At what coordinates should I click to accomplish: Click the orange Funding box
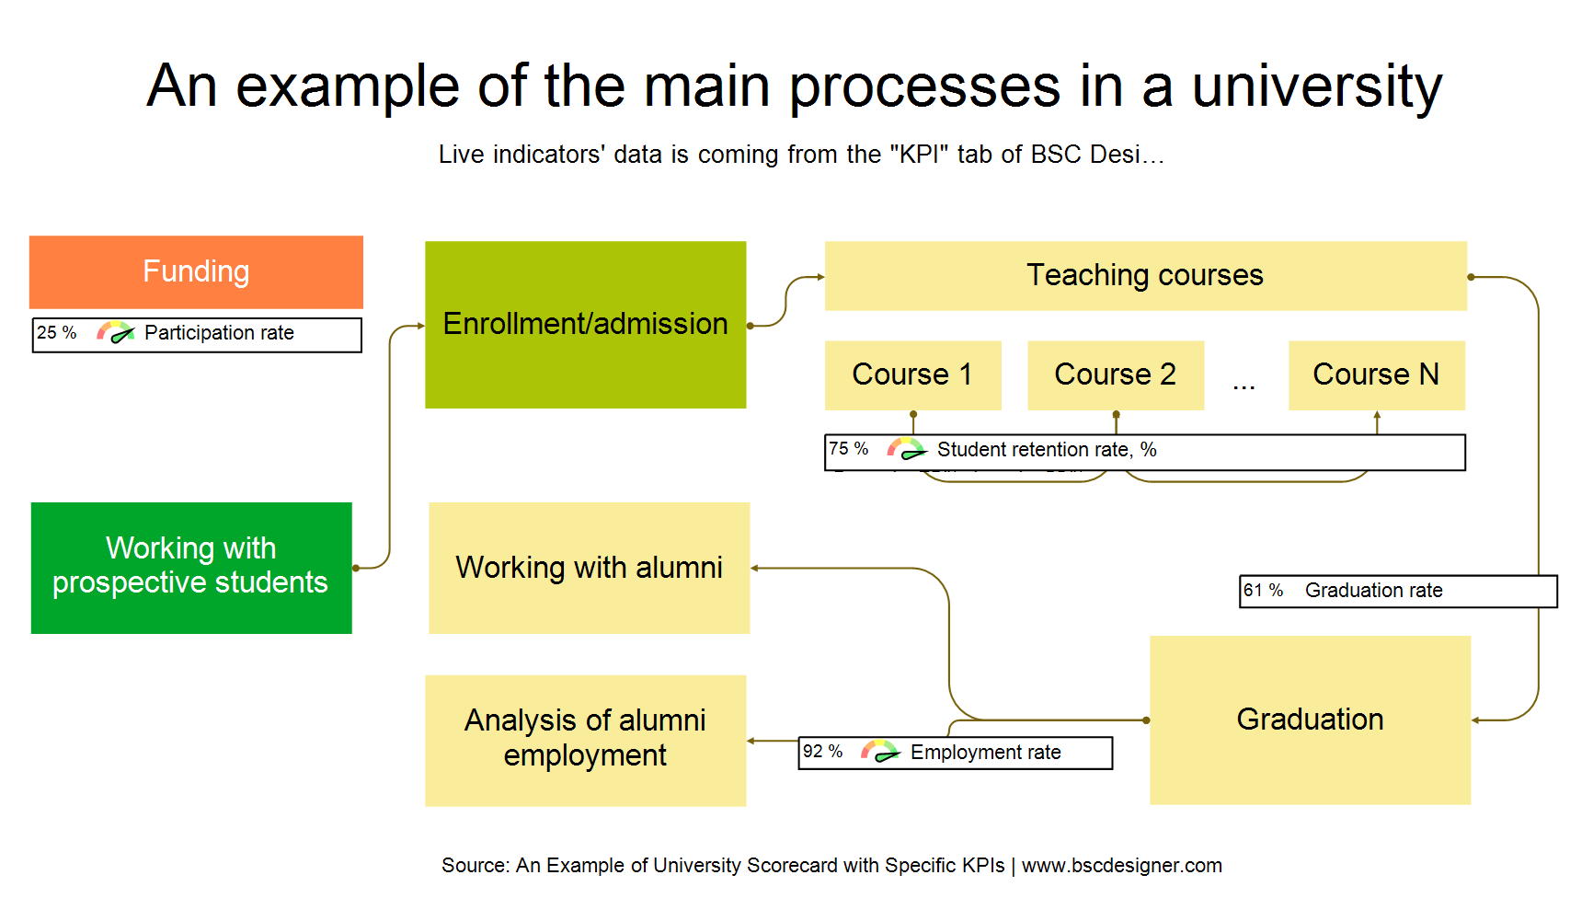point(196,271)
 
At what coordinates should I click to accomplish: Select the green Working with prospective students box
point(191,568)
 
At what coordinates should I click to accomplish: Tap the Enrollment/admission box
point(585,324)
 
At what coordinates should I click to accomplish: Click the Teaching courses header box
point(1145,275)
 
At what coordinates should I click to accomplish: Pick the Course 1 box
point(912,374)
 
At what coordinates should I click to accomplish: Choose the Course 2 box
point(1115,374)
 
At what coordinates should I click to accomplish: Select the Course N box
point(1376,374)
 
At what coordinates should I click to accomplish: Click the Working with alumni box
point(589,568)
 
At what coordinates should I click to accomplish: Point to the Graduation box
point(1310,720)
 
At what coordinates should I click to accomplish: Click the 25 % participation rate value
point(56,333)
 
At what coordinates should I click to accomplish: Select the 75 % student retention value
point(848,449)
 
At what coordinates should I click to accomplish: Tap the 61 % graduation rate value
point(1263,591)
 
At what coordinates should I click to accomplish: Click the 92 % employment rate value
point(822,752)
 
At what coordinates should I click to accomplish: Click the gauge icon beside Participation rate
point(116,333)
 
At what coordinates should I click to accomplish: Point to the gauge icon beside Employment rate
point(880,752)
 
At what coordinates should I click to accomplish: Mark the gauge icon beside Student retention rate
point(906,449)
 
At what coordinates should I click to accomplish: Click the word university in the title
point(1316,86)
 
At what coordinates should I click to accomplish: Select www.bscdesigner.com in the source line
point(1121,866)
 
